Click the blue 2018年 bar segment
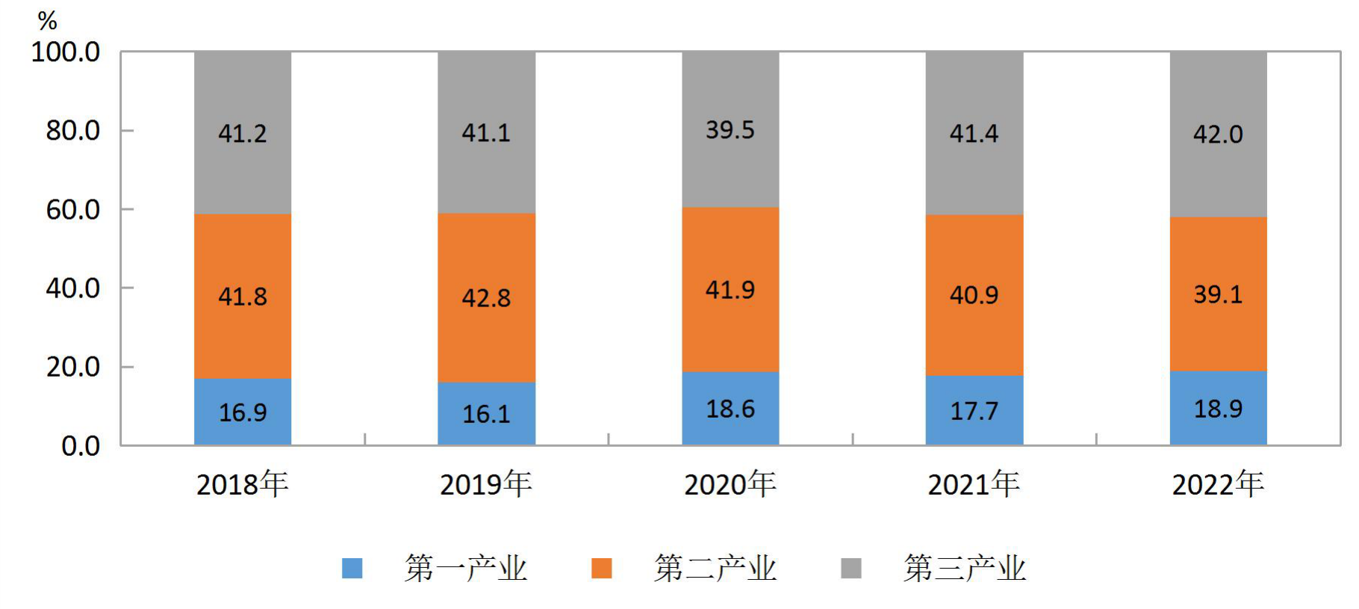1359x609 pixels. point(243,412)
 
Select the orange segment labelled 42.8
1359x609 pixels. point(486,298)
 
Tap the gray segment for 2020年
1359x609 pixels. point(730,129)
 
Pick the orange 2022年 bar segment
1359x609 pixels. point(1218,294)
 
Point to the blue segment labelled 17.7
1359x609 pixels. point(974,410)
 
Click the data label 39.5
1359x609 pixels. point(730,130)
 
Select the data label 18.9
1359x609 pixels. point(1218,409)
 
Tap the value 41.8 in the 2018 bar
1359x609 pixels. point(243,297)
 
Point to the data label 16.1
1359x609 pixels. point(486,414)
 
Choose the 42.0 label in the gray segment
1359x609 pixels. point(1218,135)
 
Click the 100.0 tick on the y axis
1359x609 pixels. point(66,52)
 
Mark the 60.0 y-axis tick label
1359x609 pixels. point(73,210)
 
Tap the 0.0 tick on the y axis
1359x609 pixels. point(81,446)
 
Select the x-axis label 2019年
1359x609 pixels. point(486,484)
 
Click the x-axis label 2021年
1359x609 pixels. point(974,484)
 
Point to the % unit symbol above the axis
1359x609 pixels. point(47,21)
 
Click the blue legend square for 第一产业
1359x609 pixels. point(352,569)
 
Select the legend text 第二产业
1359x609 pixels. point(715,569)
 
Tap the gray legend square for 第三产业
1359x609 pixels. point(851,569)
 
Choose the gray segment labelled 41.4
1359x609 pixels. point(974,133)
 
